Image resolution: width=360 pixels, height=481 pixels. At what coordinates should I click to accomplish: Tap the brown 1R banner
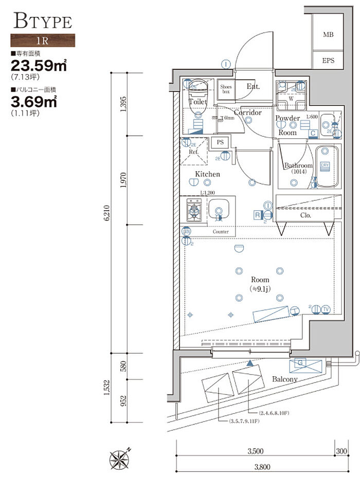(43, 40)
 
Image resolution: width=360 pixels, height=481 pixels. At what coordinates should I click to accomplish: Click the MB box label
(328, 35)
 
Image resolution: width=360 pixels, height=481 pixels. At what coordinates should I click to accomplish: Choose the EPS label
(328, 61)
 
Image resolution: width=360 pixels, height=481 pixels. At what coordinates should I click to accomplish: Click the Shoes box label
(226, 89)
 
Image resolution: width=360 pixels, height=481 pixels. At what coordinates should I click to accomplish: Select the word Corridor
(248, 113)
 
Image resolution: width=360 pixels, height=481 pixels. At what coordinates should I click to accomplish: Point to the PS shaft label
(220, 142)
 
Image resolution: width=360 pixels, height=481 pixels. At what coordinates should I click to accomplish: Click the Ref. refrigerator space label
(193, 152)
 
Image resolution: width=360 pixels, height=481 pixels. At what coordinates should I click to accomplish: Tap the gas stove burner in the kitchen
(194, 211)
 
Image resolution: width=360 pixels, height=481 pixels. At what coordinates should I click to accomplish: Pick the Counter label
(221, 232)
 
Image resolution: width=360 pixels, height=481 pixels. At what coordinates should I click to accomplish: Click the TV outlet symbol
(325, 309)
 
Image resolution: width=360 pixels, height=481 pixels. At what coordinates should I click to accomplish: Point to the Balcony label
(285, 379)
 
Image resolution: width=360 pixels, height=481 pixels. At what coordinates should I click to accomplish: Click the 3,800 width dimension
(255, 468)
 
